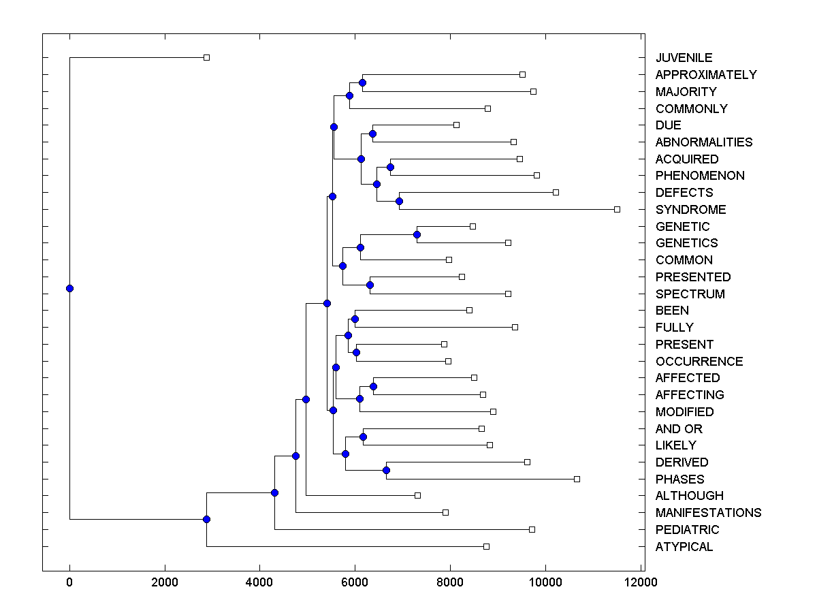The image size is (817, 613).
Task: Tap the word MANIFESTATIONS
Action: (708, 513)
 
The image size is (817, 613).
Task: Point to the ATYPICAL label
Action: (684, 547)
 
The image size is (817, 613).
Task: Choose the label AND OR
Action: (679, 429)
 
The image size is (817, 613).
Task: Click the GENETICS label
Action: (686, 243)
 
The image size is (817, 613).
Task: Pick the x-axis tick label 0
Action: (69, 582)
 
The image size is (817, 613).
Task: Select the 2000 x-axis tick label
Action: (164, 582)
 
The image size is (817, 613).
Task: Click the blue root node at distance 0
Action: (69, 288)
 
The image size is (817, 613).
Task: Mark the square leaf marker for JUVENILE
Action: (207, 57)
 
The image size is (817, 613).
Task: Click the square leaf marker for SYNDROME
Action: (617, 209)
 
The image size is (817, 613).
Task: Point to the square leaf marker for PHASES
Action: (577, 479)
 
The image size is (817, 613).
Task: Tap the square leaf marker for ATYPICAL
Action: (486, 546)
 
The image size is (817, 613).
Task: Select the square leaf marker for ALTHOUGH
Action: (417, 495)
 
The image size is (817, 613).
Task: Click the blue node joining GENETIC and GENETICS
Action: (417, 234)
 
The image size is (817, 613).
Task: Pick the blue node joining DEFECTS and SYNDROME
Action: (399, 201)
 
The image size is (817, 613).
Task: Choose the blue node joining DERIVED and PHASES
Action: (386, 470)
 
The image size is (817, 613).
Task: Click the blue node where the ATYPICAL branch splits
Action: (206, 519)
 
